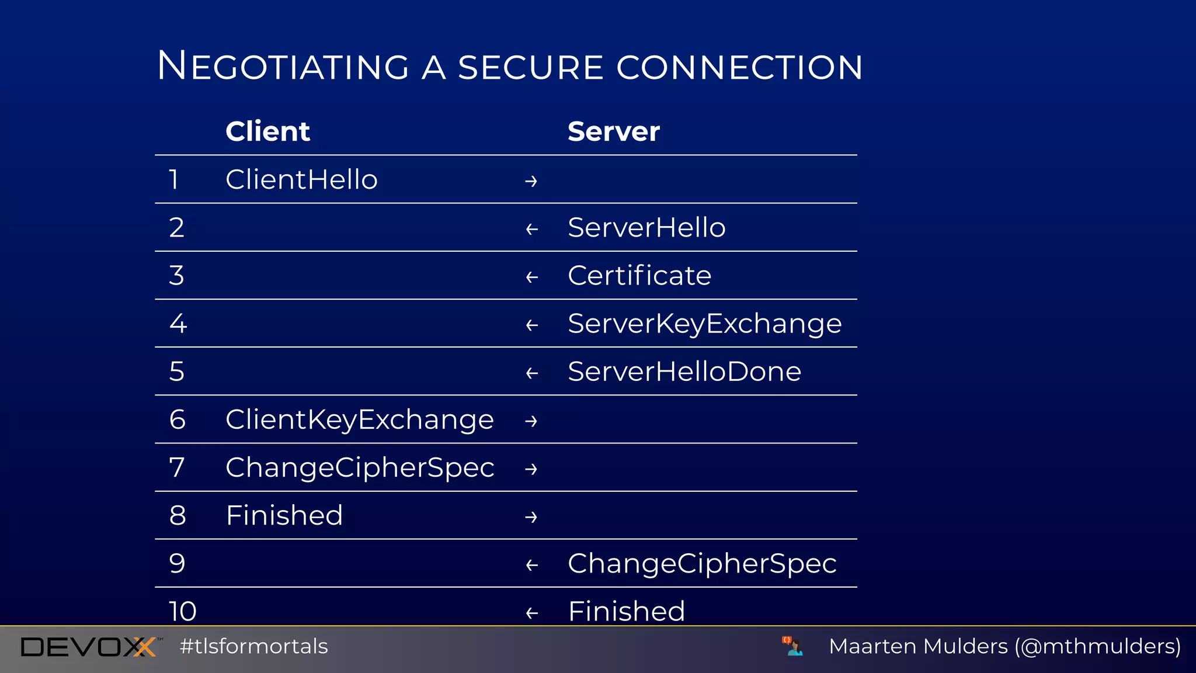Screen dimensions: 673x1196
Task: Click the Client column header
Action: point(267,131)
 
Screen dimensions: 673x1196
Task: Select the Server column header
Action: point(613,131)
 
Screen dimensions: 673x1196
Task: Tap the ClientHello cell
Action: point(301,179)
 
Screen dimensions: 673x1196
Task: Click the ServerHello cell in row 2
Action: point(646,227)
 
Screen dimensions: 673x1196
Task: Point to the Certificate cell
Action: point(639,275)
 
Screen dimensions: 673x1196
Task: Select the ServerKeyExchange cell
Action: point(704,324)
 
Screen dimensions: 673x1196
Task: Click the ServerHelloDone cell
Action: point(684,372)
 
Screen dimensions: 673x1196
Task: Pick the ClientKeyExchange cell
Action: point(360,419)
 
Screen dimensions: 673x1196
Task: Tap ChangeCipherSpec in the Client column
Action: point(360,468)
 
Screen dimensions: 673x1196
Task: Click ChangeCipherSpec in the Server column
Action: point(702,564)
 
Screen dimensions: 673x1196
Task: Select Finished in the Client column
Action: point(284,515)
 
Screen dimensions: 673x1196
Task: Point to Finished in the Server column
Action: point(626,611)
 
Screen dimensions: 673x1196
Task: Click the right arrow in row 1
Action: point(531,181)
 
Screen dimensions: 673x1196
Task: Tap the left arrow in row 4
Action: point(531,325)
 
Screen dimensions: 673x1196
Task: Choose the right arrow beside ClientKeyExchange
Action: point(531,421)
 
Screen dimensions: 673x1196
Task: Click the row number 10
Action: point(183,611)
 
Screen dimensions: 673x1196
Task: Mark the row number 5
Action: point(177,372)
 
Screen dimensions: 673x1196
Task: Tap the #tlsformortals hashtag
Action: point(254,647)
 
